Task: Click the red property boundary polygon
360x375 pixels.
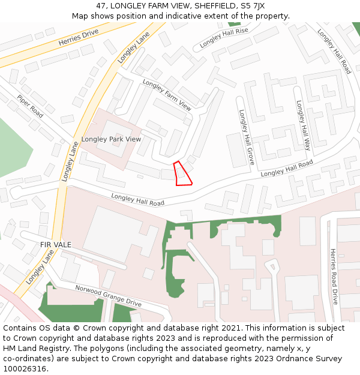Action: (x=182, y=174)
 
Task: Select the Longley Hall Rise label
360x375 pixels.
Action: (x=224, y=38)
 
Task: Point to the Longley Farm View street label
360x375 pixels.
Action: (x=167, y=95)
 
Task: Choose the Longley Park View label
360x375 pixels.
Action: (x=111, y=139)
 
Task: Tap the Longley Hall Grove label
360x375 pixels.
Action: (x=247, y=137)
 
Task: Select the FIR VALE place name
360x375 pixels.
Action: (x=56, y=245)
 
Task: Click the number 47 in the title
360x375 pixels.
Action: (x=101, y=6)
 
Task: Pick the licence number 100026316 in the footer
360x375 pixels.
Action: (x=25, y=369)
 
